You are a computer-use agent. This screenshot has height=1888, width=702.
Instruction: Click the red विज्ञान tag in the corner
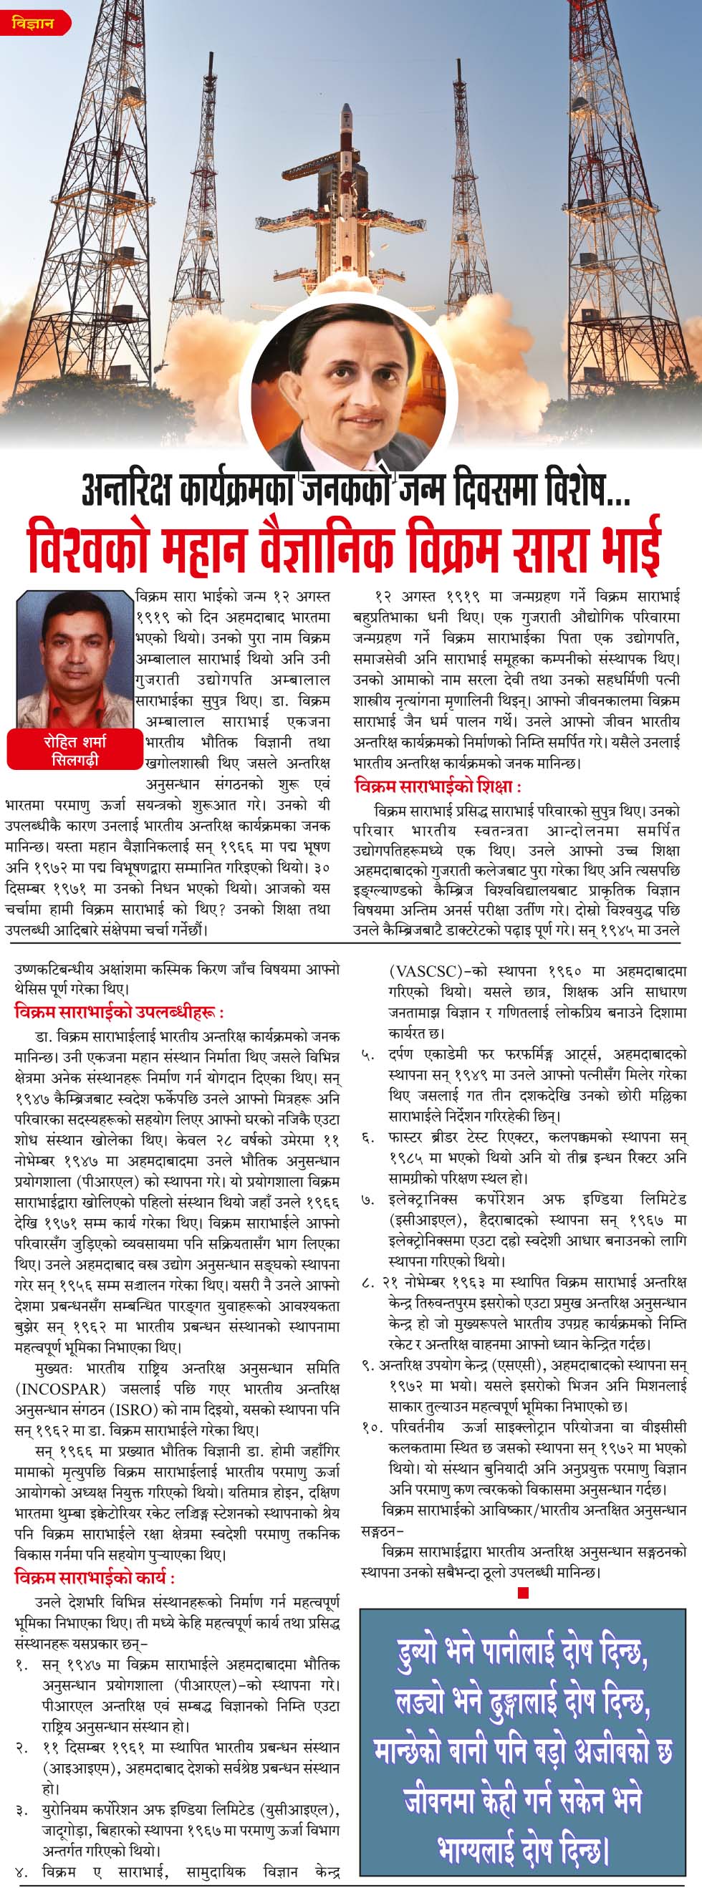tap(34, 23)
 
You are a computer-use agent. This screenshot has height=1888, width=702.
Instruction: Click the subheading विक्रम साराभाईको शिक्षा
tap(437, 786)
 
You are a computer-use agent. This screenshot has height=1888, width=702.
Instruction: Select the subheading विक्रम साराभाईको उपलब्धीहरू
tap(119, 1012)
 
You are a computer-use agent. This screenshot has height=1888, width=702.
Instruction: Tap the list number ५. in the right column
tap(368, 1056)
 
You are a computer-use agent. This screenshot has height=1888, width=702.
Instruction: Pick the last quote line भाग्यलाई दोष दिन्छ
tap(522, 1847)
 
